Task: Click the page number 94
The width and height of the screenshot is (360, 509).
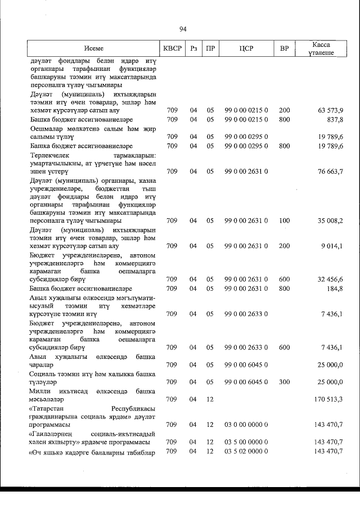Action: [x=183, y=29]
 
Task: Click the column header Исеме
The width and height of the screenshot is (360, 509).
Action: [x=94, y=49]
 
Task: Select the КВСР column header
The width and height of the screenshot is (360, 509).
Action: [x=172, y=49]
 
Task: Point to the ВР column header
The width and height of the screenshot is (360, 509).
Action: [x=284, y=49]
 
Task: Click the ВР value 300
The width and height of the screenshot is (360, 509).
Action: [x=284, y=382]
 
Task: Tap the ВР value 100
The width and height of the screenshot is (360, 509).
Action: [x=284, y=220]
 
